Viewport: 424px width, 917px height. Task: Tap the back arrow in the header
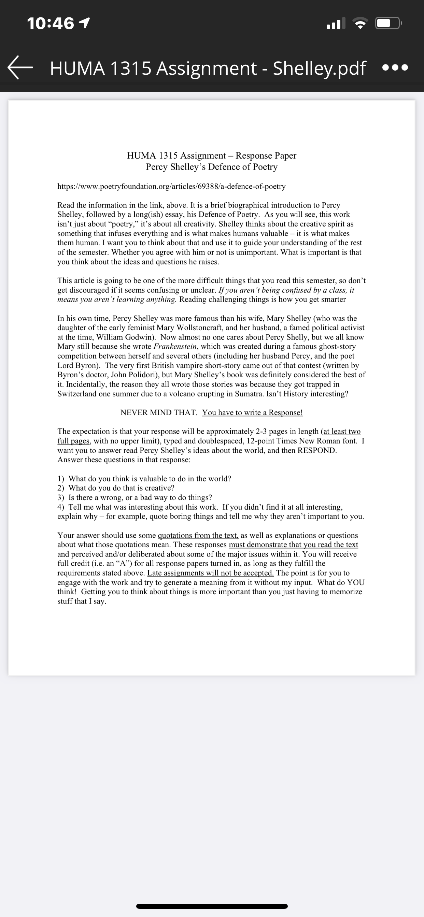coord(20,68)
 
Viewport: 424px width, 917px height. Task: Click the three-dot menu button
coord(395,68)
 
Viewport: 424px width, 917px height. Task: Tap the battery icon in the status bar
coord(388,24)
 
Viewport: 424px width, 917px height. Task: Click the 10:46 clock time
coord(50,24)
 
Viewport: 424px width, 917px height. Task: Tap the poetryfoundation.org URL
coord(171,187)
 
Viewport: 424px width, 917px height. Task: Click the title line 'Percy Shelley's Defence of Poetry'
coord(212,167)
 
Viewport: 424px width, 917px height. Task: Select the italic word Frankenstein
coord(175,346)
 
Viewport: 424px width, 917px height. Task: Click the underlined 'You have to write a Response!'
coord(252,412)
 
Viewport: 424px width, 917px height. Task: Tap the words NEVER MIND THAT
coord(158,412)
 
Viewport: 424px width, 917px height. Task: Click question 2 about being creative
coord(121,488)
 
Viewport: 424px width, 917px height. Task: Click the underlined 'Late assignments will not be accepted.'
coord(210,573)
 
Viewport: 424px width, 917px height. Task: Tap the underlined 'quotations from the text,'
coord(198,535)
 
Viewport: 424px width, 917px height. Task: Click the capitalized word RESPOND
coord(316,450)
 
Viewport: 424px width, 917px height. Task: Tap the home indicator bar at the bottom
coord(212,906)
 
